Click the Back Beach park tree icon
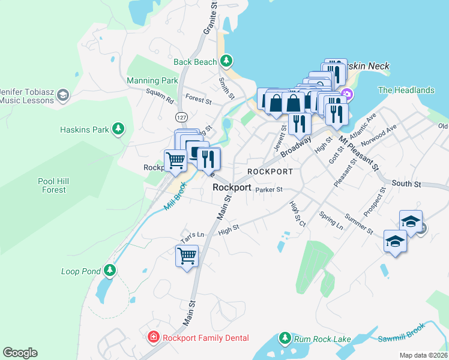(226, 61)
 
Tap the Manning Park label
(152, 80)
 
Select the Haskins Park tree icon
(119, 129)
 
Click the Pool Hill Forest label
(46, 185)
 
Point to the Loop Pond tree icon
(109, 271)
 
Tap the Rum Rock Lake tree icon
(285, 339)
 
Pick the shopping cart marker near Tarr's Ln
(187, 256)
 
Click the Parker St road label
(265, 190)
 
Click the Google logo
(20, 353)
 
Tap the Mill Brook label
(175, 197)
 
